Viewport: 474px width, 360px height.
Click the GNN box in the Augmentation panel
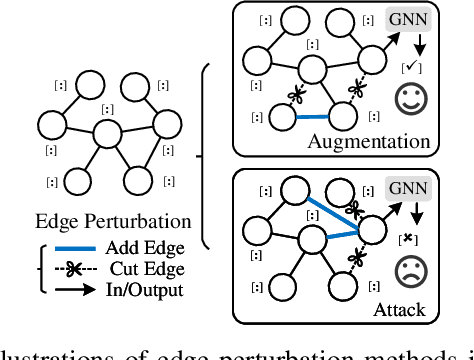(407, 20)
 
